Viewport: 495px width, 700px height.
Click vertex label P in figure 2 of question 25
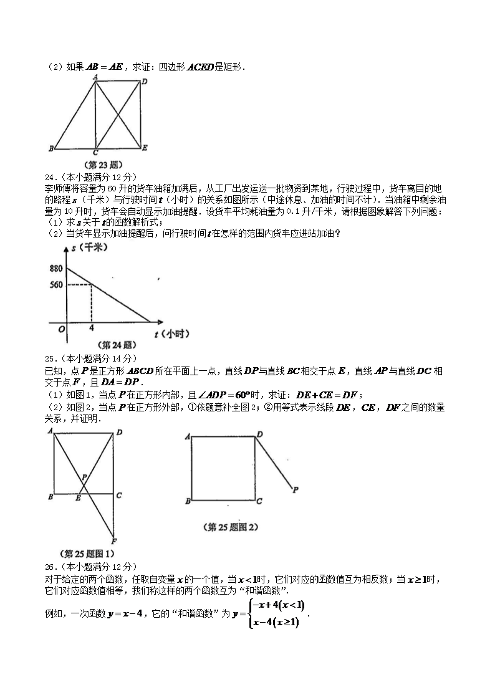[x=294, y=490]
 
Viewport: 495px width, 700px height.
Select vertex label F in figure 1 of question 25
[x=113, y=541]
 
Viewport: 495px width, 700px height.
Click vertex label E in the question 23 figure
[x=145, y=148]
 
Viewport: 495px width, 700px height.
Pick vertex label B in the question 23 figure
[x=50, y=148]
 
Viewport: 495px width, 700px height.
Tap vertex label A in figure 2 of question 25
[x=187, y=437]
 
